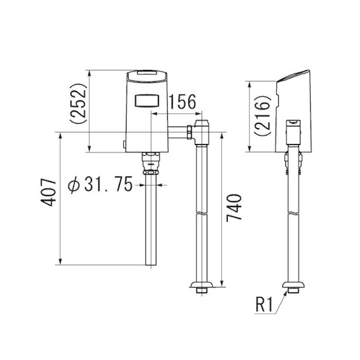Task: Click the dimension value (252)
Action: pyautogui.click(x=79, y=103)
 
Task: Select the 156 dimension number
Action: pyautogui.click(x=183, y=101)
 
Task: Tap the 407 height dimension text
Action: pyautogui.click(x=48, y=192)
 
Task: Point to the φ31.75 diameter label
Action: pyautogui.click(x=100, y=184)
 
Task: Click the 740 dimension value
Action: pyautogui.click(x=234, y=208)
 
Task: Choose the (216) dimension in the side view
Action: pyautogui.click(x=262, y=116)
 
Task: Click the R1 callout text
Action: pyautogui.click(x=264, y=305)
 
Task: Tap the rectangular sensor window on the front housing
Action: pyautogui.click(x=147, y=101)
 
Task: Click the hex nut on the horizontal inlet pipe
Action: pyautogui.click(x=189, y=132)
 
